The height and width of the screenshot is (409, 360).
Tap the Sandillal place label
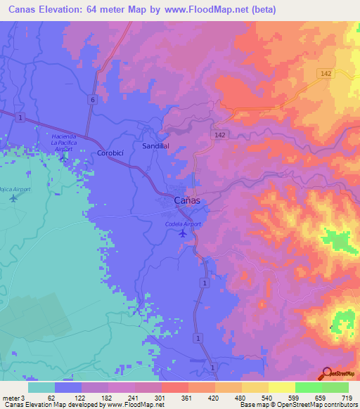(x=156, y=145)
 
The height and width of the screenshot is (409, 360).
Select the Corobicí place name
(x=110, y=152)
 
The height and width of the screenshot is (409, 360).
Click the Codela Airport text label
(x=182, y=224)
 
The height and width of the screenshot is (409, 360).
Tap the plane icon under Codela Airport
(x=183, y=233)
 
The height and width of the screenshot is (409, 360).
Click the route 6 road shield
(x=92, y=100)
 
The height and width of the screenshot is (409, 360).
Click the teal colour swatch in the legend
(x=41, y=387)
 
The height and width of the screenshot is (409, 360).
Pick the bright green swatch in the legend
(x=308, y=387)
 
